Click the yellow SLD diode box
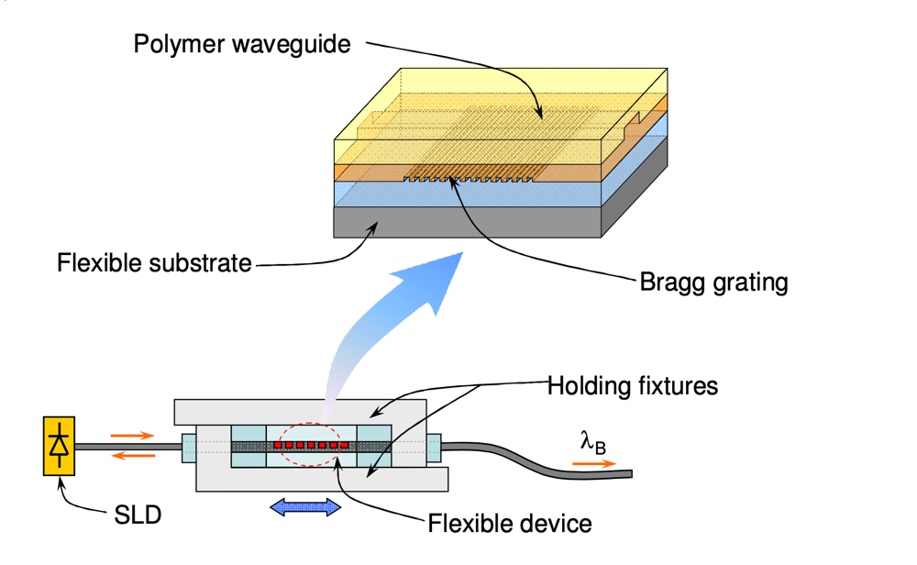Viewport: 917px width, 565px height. click(x=60, y=446)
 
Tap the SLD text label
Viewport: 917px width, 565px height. click(x=138, y=515)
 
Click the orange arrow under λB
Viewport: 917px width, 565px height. click(x=594, y=464)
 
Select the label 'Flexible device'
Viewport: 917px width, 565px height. click(x=510, y=524)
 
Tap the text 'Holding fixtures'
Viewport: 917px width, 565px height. click(x=632, y=385)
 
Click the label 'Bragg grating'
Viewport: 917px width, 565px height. click(x=713, y=282)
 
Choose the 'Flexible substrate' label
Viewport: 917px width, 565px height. click(x=154, y=264)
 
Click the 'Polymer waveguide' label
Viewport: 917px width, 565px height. click(x=242, y=44)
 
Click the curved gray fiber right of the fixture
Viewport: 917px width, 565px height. click(x=550, y=459)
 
